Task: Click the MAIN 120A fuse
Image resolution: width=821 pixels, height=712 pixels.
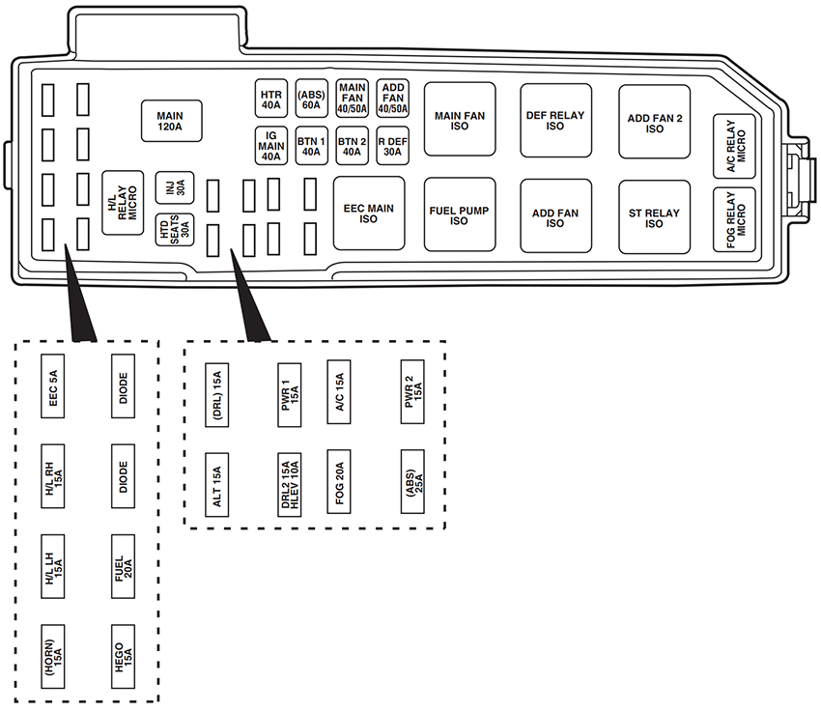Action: click(170, 121)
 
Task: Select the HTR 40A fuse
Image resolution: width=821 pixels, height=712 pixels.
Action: click(270, 99)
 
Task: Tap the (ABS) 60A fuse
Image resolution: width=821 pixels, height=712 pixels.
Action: click(311, 99)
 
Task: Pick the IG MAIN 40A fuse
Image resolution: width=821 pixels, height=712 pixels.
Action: click(270, 145)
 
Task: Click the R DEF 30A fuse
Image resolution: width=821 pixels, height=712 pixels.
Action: click(392, 145)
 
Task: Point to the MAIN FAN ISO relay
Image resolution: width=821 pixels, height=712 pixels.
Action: click(460, 121)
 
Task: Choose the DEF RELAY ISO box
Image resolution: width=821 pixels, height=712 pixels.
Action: click(555, 120)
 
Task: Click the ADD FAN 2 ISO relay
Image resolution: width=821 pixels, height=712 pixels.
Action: click(654, 123)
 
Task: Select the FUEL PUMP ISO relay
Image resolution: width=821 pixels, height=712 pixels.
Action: click(460, 214)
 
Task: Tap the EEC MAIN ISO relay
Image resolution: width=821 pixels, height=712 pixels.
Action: click(368, 214)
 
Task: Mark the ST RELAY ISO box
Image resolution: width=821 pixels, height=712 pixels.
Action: click(654, 217)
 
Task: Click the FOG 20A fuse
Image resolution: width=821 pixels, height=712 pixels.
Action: click(338, 481)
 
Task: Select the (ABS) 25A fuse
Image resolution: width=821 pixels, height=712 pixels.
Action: click(411, 481)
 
